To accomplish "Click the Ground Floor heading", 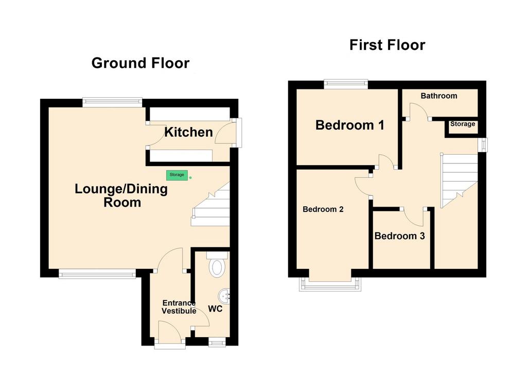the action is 140,63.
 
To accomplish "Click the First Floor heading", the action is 387,45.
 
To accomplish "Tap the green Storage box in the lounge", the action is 177,175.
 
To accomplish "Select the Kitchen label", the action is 188,132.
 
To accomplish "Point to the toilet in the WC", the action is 217,265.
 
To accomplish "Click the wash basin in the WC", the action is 224,296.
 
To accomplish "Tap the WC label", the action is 215,308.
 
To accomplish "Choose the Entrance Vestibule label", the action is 179,307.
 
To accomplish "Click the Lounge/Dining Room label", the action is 121,195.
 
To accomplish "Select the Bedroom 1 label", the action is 350,125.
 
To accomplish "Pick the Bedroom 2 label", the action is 323,209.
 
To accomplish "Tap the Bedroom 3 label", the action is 399,236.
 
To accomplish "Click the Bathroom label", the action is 439,96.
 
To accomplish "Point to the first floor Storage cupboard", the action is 463,126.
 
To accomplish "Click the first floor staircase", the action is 459,180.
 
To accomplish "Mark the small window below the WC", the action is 217,342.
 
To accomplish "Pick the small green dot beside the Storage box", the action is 190,177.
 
